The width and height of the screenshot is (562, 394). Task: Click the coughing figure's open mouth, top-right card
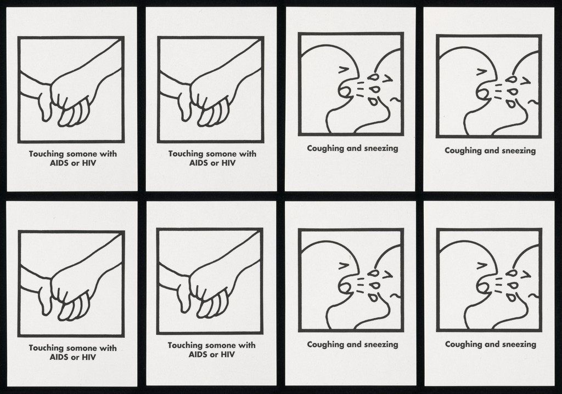[x=481, y=94]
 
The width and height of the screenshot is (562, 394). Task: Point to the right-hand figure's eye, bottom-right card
[x=526, y=275]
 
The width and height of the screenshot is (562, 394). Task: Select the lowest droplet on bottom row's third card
[x=374, y=298]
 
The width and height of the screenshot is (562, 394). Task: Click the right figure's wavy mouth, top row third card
[x=396, y=99]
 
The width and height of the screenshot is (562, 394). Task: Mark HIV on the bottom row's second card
[x=228, y=355]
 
